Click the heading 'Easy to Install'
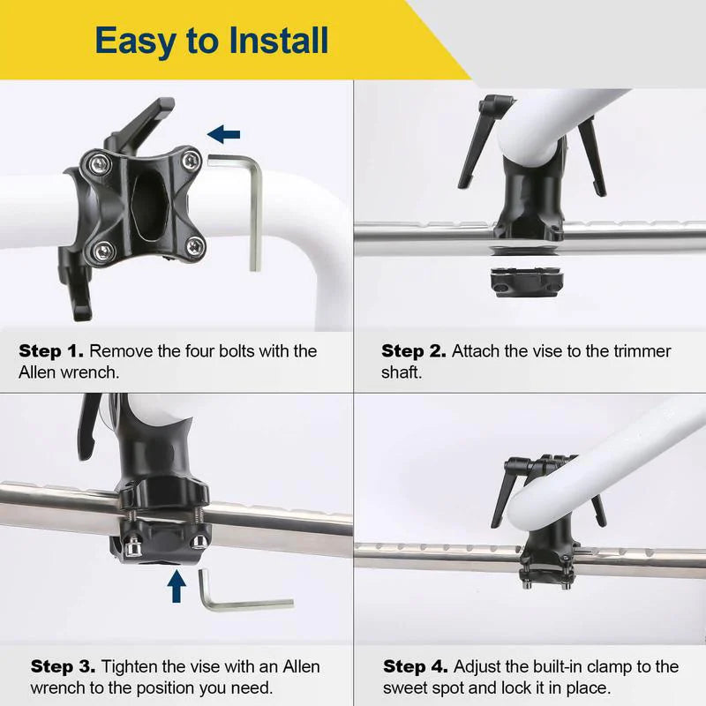pyautogui.click(x=212, y=41)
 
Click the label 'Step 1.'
pyautogui.click(x=52, y=351)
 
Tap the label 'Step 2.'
pyautogui.click(x=414, y=351)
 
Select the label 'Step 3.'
pyautogui.click(x=64, y=666)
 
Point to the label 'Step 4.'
pyautogui.click(x=416, y=666)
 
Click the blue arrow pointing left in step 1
pyautogui.click(x=224, y=134)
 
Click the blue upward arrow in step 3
pyautogui.click(x=177, y=586)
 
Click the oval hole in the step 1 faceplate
pyautogui.click(x=150, y=203)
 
